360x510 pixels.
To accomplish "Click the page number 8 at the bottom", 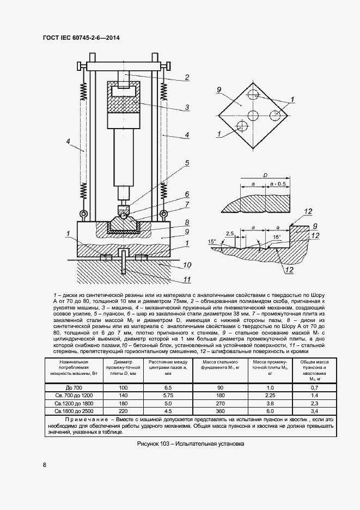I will [44, 465].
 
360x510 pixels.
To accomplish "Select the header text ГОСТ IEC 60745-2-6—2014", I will [81, 37].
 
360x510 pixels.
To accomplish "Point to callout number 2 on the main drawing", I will [186, 77].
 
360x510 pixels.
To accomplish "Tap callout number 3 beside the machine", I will [186, 107].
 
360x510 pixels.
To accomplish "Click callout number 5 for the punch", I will [187, 163].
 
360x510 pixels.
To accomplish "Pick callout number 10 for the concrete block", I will [187, 265].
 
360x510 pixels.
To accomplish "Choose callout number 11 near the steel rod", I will [187, 281].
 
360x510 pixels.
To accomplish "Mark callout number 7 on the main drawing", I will [187, 205].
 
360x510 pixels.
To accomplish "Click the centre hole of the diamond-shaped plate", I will [253, 115].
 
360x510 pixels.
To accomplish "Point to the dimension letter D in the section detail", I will [265, 175].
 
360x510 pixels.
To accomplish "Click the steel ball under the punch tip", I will [125, 215].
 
